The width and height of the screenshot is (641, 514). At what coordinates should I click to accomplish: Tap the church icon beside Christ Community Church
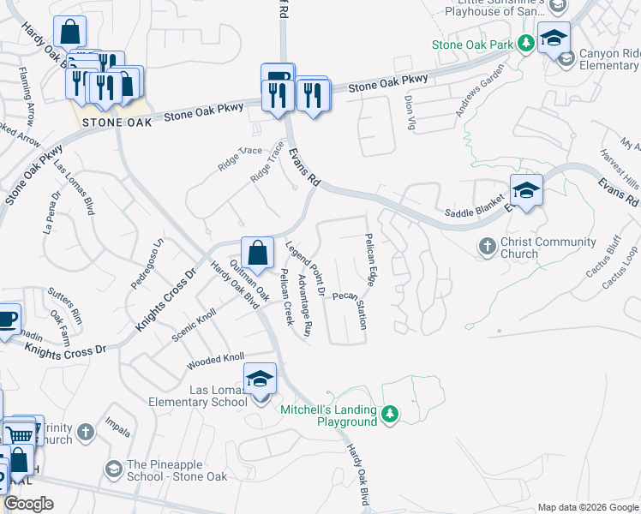[487, 247]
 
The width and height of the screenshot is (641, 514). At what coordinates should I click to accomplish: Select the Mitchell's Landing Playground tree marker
[391, 415]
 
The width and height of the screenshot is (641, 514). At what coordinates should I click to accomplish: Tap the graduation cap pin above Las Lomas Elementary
[261, 379]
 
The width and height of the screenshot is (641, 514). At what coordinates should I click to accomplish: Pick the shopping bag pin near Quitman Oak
[257, 253]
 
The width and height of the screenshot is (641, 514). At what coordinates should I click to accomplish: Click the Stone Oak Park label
[472, 45]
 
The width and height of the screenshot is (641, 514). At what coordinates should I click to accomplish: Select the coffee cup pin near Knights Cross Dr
[7, 319]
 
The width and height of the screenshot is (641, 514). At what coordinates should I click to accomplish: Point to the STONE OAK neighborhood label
[117, 123]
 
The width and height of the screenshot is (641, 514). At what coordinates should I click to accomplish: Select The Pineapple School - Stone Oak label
[177, 470]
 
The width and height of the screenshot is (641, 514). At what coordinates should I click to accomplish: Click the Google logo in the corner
[28, 504]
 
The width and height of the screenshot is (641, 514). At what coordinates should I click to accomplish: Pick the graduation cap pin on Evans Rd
[526, 190]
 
